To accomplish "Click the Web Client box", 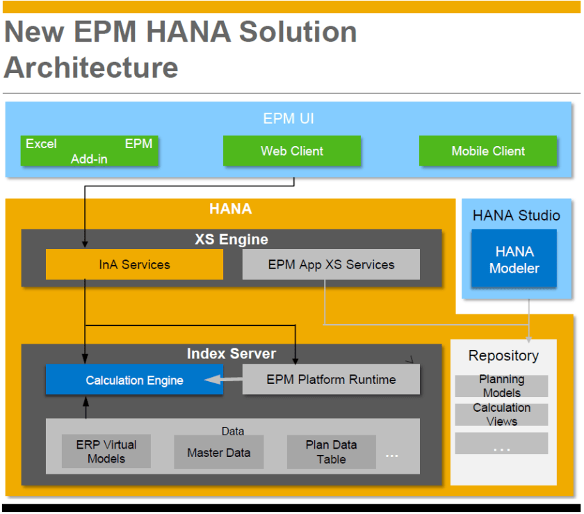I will coord(292,151).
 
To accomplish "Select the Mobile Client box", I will coord(488,151).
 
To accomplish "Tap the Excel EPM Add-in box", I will coord(89,151).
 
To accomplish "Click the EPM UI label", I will coord(289,119).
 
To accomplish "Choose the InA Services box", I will coord(134,264).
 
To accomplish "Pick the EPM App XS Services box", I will coord(331,264).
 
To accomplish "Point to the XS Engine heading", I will coord(231,240).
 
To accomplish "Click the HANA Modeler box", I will coord(514,259).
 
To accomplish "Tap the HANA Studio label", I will coord(516,216).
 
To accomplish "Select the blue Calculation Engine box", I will coord(134,380).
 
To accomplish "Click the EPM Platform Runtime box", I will coord(331,380).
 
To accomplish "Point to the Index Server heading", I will coord(231,354).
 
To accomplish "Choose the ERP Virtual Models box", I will coord(106,451).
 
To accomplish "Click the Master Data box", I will coord(218,452).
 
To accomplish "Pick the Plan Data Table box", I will coord(331,451).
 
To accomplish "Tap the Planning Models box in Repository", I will coord(501,386).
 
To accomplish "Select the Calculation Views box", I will coord(501,415).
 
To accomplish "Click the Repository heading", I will coord(503,356).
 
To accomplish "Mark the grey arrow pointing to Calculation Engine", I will coord(222,380).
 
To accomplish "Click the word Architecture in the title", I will coord(91,67).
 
